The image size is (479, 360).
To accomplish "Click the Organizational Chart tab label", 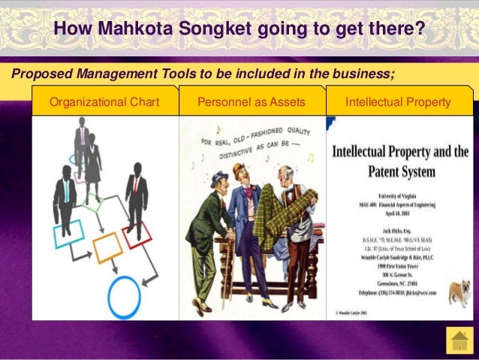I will pos(104,101).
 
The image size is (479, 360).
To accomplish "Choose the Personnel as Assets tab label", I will pos(252,101).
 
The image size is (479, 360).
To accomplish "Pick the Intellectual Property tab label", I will pos(399,101).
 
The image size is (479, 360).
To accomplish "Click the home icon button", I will pos(458,340).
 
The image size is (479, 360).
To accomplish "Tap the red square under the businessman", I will pos(137,235).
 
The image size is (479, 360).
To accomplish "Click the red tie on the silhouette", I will pos(135,184).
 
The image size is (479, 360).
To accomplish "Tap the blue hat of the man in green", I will pos(219,177).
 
